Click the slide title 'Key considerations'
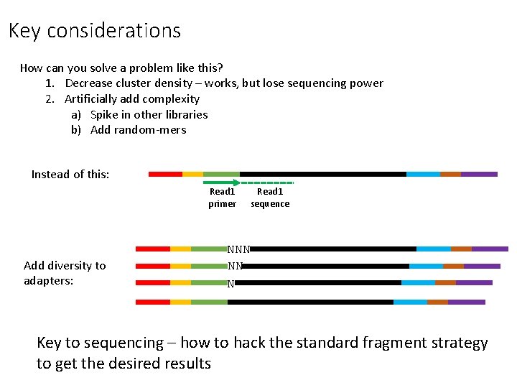(95, 31)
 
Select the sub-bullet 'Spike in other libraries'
(149, 114)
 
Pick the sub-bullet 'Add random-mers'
(138, 130)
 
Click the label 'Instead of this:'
(70, 175)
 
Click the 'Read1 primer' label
(222, 198)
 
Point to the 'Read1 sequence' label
(270, 198)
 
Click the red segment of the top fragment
(165, 174)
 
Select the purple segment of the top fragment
(479, 174)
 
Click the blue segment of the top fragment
(423, 174)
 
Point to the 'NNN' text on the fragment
(238, 250)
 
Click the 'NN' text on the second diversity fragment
(235, 266)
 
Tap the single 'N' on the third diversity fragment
(230, 284)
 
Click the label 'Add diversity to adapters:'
(65, 273)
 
